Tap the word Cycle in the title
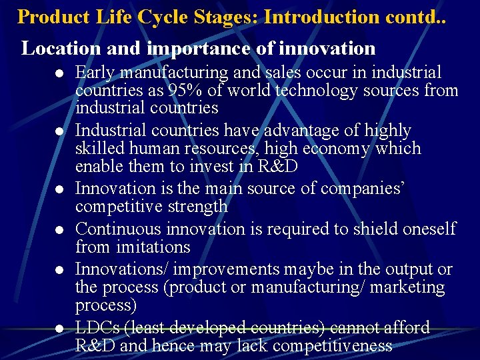point(169,16)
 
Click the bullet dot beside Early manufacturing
point(59,73)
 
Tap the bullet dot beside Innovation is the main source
point(59,189)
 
